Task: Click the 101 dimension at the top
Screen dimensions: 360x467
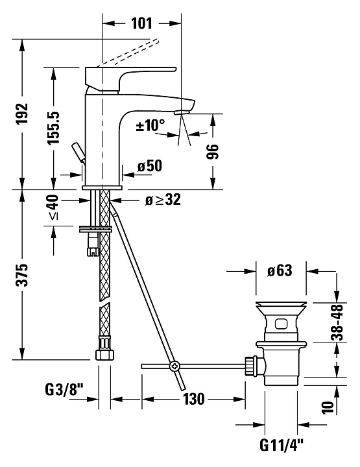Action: click(142, 23)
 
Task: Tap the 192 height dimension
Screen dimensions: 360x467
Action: click(22, 114)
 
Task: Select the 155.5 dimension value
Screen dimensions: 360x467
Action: click(54, 128)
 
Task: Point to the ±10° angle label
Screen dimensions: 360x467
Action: click(150, 125)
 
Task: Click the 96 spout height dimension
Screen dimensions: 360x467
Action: click(213, 152)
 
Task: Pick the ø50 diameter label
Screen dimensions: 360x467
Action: click(150, 166)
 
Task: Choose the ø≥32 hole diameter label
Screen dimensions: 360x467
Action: click(163, 200)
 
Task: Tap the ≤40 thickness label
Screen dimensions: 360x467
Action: click(53, 208)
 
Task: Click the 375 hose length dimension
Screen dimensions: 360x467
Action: click(22, 274)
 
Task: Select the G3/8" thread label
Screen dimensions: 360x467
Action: click(64, 389)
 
